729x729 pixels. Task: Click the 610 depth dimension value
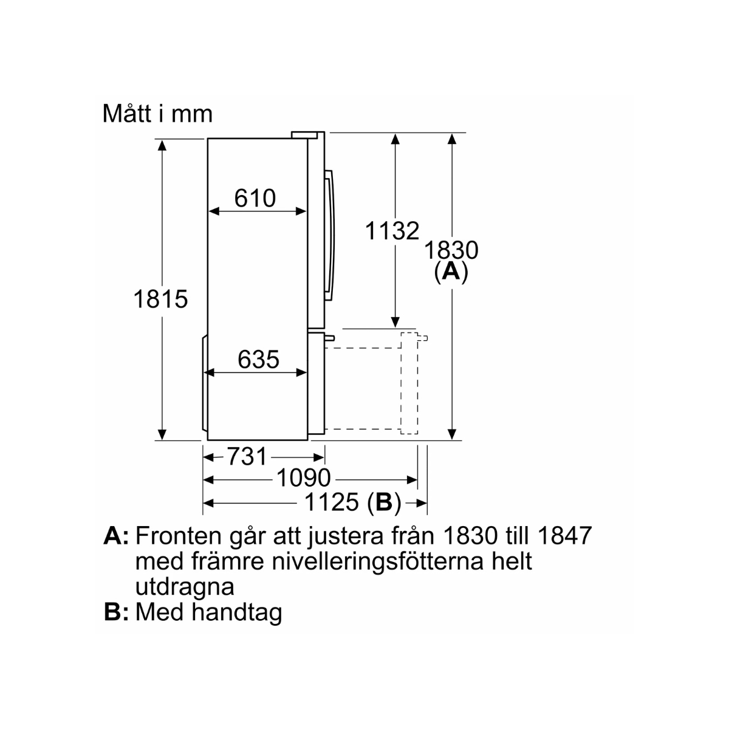click(255, 198)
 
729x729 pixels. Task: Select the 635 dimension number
click(258, 360)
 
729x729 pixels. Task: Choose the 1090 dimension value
click(303, 479)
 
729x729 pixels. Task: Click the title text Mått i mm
click(157, 114)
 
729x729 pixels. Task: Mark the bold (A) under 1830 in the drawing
click(451, 272)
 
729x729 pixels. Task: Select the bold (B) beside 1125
click(385, 502)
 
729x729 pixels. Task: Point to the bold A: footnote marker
click(117, 536)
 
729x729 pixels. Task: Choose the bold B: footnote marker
click(117, 612)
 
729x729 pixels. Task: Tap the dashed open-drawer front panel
click(409, 383)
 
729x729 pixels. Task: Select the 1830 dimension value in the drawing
click(451, 250)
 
